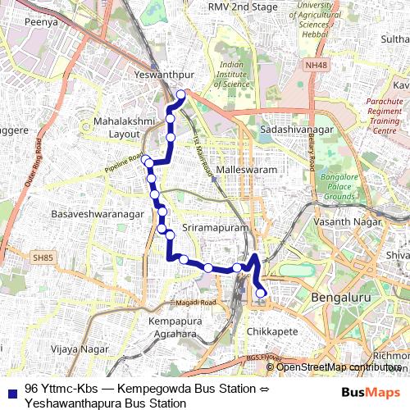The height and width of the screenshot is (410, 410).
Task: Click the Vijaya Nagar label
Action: tap(80, 349)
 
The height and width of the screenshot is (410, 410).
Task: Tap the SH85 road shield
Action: tap(43, 257)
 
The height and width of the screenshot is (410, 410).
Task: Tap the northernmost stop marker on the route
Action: tap(180, 94)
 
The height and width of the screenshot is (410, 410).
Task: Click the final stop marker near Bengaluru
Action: tap(261, 293)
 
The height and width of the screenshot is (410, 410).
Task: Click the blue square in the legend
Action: tap(9, 389)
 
